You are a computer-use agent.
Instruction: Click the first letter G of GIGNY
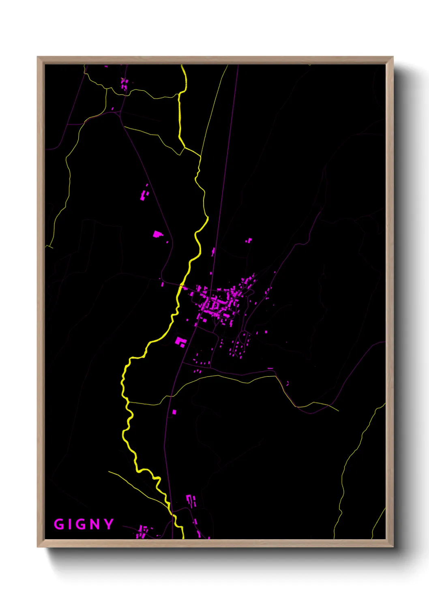pos(59,524)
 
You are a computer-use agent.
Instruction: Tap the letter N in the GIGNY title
pos(94,524)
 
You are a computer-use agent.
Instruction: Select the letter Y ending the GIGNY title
pos(109,524)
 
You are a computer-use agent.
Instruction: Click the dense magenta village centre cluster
pos(215,304)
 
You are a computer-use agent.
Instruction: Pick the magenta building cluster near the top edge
pos(124,84)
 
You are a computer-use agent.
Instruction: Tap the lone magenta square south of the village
pos(174,412)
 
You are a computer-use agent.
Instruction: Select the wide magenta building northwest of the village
pos(157,234)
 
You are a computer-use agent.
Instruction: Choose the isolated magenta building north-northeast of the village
pos(248,241)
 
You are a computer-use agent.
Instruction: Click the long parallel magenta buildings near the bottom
pos(191,500)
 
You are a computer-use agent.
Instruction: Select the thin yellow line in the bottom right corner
pos(379,523)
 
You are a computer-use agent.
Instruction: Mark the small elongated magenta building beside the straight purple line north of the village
pos(213,252)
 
